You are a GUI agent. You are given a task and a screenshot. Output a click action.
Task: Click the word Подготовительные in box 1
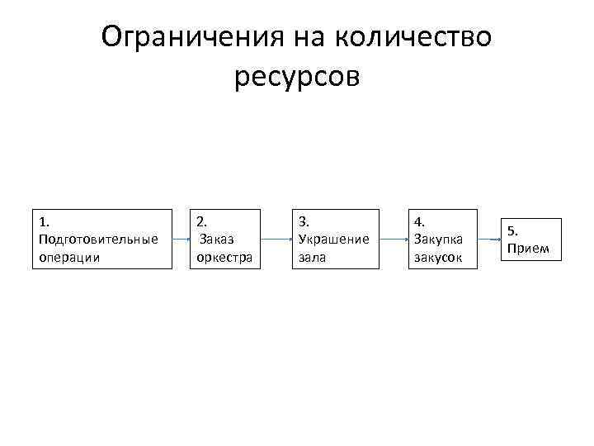[x=98, y=239]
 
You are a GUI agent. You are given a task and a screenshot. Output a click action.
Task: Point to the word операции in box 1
[x=69, y=257]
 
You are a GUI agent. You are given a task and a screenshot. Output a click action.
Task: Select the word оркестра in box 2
[x=224, y=257]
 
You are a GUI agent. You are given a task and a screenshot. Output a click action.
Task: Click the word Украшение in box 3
[x=333, y=239]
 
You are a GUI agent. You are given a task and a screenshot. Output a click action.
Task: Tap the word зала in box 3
[x=312, y=257]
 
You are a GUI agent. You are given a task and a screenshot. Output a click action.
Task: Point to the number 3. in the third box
[x=303, y=221]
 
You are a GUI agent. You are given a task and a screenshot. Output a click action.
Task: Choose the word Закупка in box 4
[x=438, y=239]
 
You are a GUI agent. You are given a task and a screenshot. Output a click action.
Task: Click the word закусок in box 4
[x=438, y=257]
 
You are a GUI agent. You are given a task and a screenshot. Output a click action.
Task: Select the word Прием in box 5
[x=528, y=248]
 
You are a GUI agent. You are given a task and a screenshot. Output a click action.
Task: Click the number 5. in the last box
[x=513, y=230]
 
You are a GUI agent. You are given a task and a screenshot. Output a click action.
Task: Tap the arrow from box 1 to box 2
[x=181, y=239]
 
